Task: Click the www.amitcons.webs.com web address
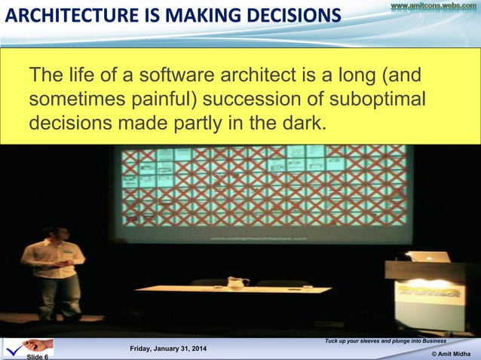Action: [x=433, y=7]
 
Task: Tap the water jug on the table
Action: [x=236, y=282]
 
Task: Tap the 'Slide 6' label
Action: [x=38, y=356]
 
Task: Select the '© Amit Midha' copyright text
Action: [x=452, y=354]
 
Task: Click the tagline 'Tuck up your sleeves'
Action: [x=384, y=341]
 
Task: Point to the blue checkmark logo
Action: [x=14, y=348]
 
